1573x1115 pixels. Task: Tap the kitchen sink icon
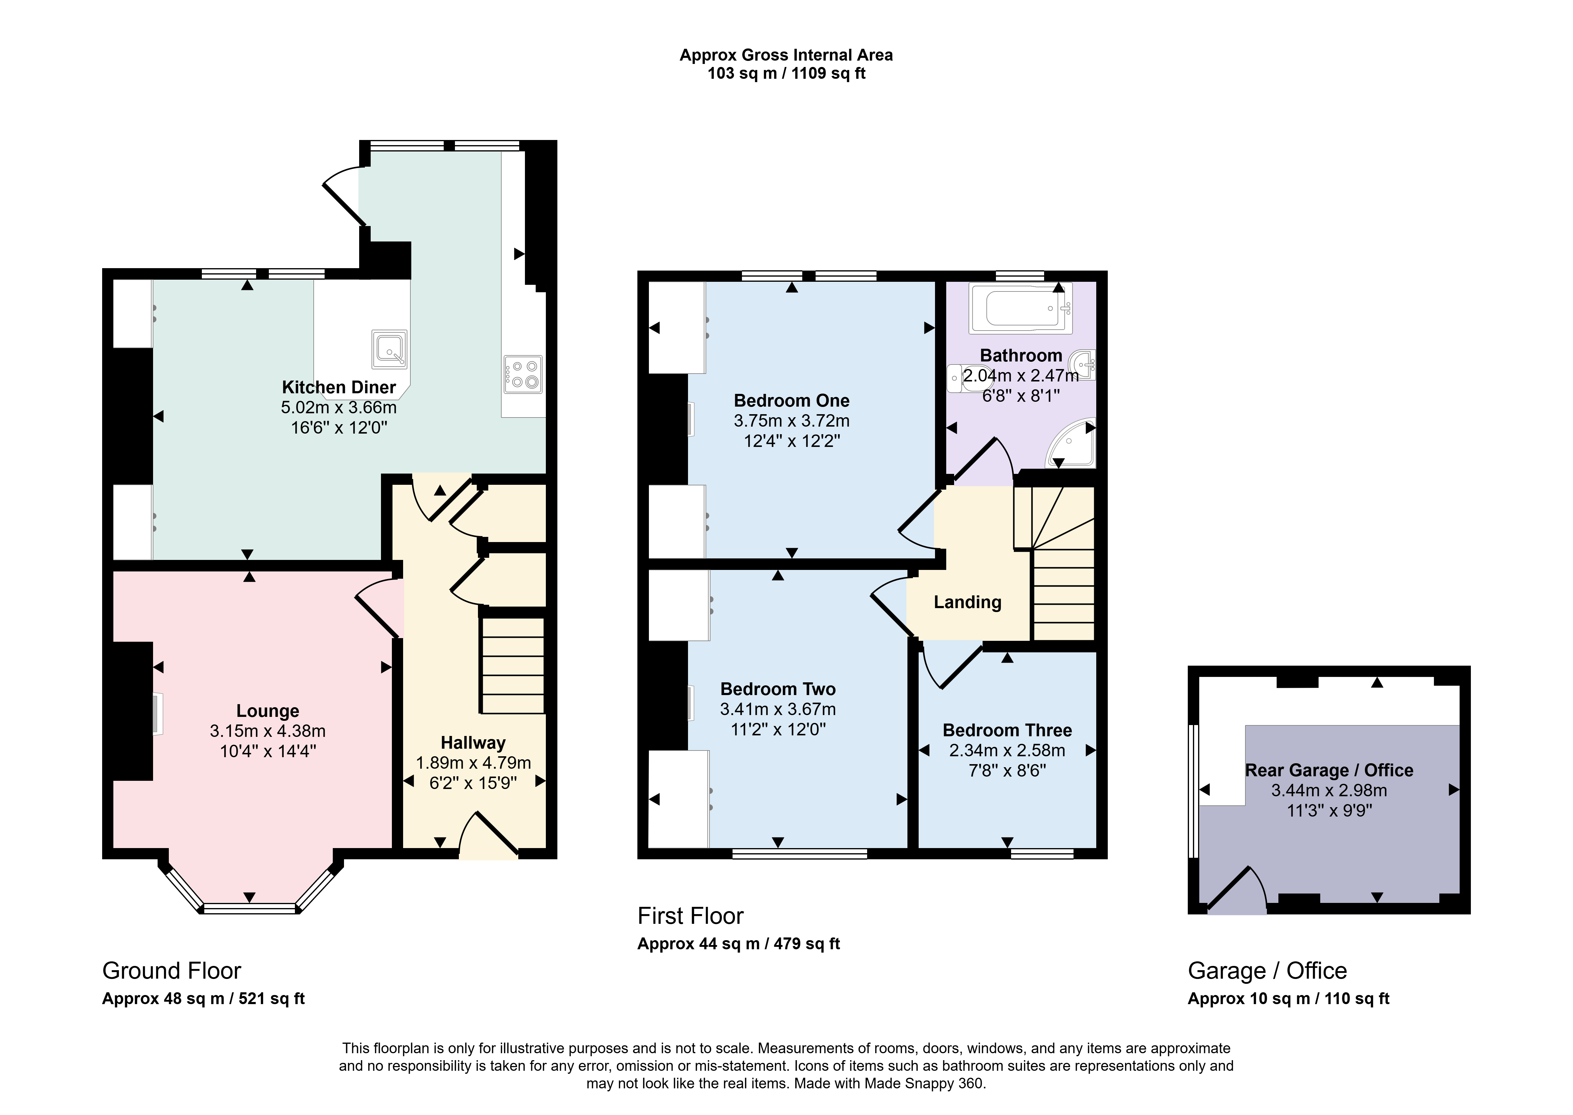coord(389,349)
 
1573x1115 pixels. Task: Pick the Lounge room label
coord(268,711)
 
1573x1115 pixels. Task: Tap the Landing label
coord(967,602)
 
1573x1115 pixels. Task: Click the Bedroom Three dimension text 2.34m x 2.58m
coord(1007,751)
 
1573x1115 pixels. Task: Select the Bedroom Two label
coord(778,689)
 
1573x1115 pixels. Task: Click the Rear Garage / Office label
coord(1329,770)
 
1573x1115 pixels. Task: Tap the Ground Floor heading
coord(172,971)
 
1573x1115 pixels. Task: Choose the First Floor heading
coord(691,916)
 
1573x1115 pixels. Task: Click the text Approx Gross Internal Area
coord(786,55)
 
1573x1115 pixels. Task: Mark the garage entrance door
coord(1237,890)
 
